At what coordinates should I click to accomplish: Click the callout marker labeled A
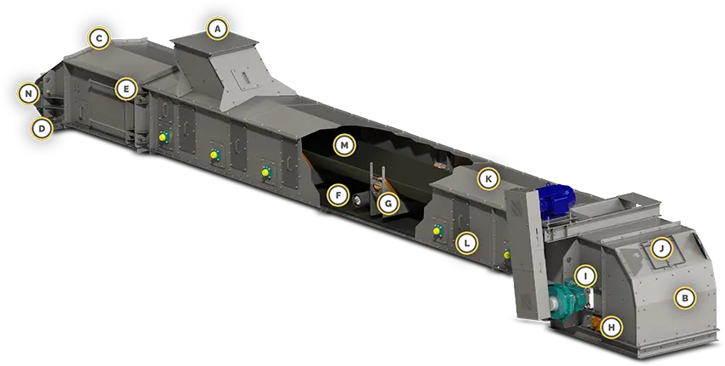point(218,30)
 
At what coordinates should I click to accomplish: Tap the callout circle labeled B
point(685,297)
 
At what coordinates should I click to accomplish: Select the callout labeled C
point(99,39)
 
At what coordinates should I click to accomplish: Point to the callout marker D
point(42,128)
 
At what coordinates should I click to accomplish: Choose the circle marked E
point(126,89)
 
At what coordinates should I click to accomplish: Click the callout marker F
point(338,195)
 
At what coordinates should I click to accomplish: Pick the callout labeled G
point(388,203)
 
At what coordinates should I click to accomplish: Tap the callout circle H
point(611,328)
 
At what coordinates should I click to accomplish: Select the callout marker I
point(586,277)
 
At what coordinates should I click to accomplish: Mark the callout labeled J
point(661,249)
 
